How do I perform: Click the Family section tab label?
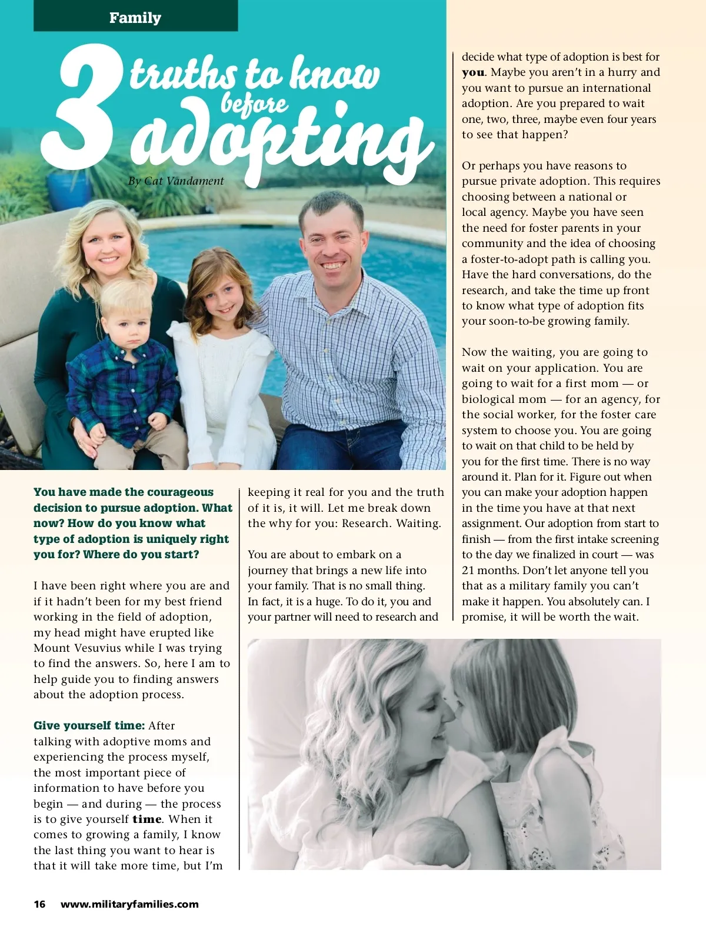(x=135, y=18)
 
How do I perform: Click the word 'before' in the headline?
(x=254, y=104)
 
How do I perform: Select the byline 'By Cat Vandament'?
(x=176, y=181)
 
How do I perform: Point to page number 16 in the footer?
(x=39, y=904)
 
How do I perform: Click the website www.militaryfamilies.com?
(x=129, y=904)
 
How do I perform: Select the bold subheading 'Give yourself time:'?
(x=89, y=726)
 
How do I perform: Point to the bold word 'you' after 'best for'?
(x=473, y=72)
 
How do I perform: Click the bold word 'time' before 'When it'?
(x=146, y=819)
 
